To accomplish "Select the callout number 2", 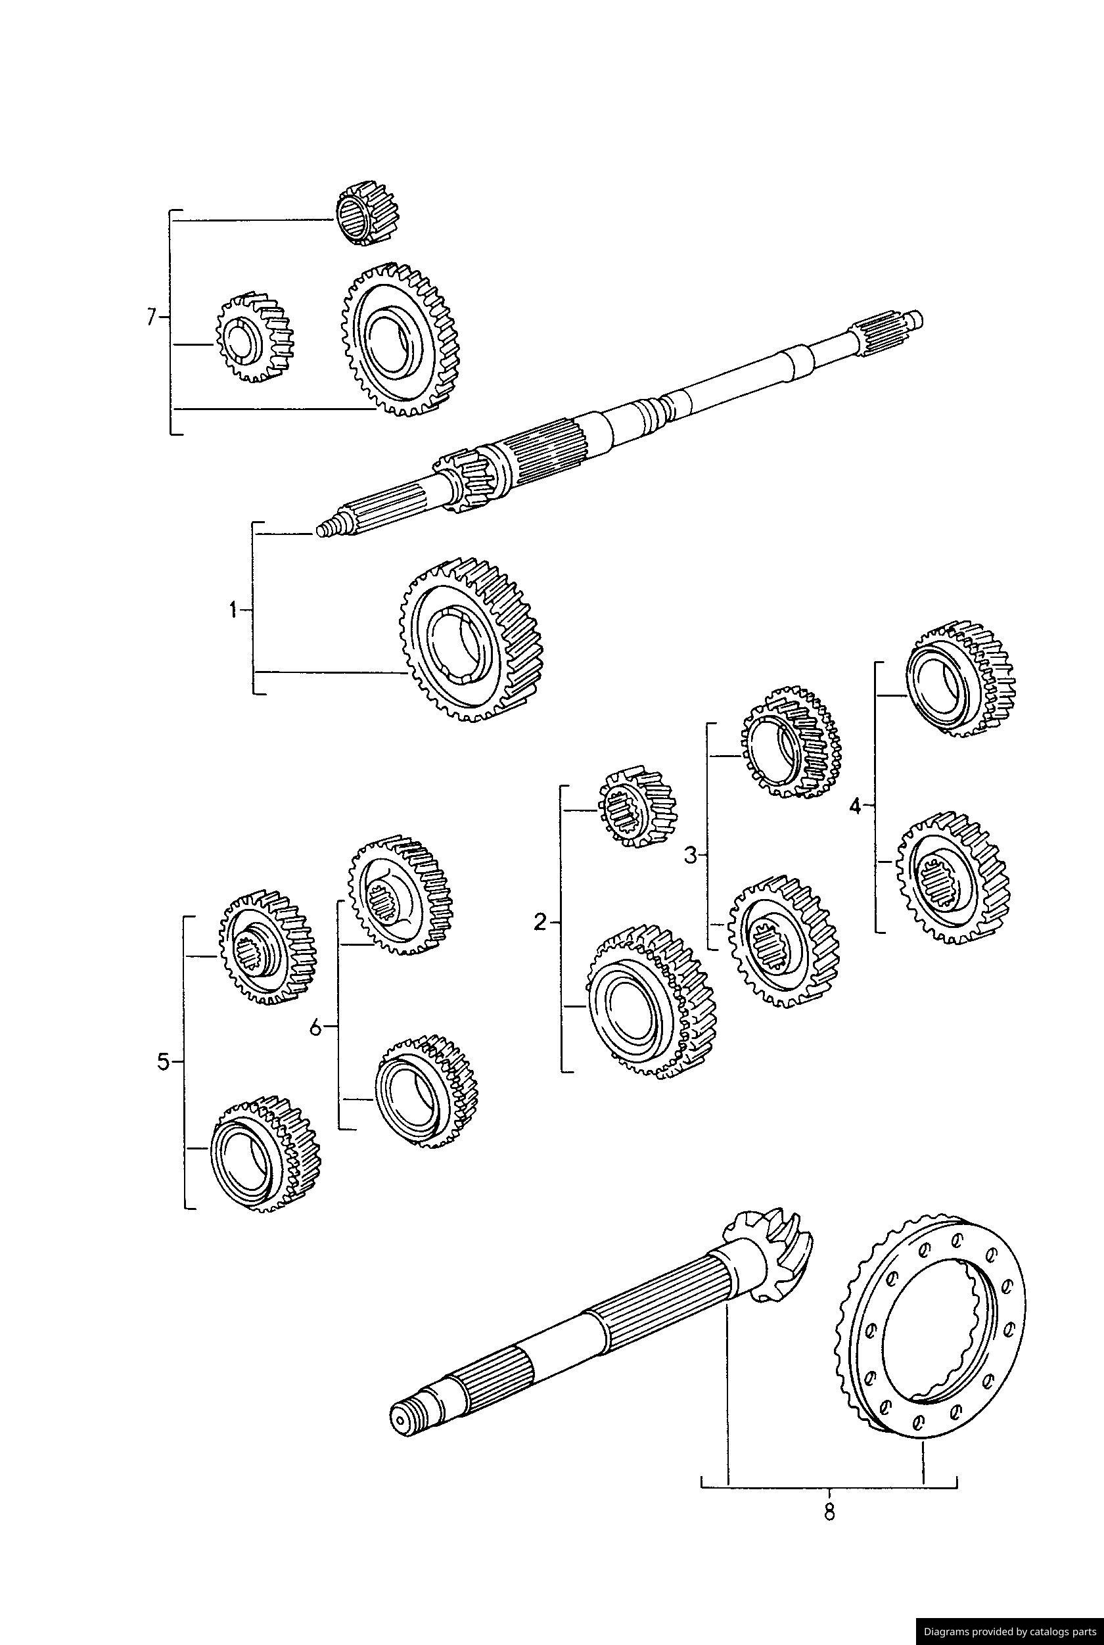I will click(540, 922).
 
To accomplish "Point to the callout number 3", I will click(690, 856).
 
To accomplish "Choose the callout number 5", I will click(164, 1062).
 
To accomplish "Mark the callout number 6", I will click(315, 1027).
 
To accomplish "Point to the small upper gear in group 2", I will click(637, 806).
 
